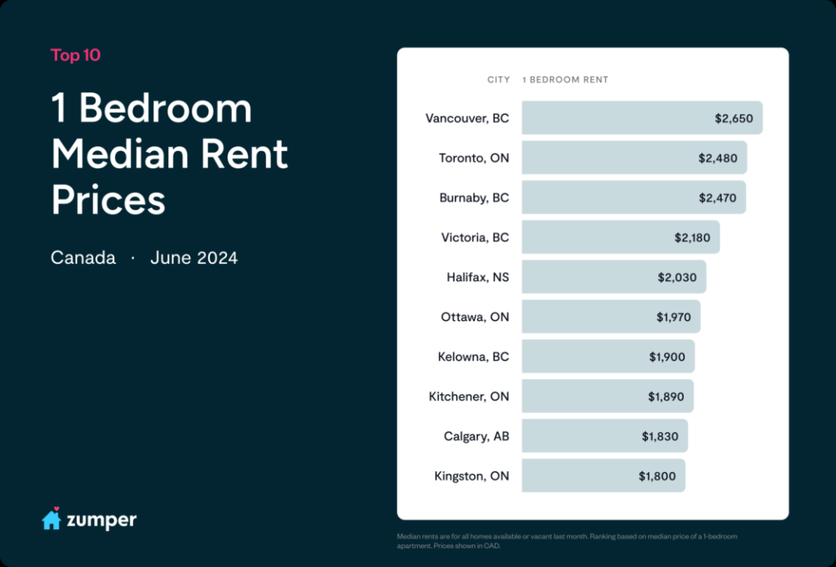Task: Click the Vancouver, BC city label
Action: point(467,118)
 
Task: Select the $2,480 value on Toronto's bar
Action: point(718,158)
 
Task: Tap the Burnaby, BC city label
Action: point(474,198)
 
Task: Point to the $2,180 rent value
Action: point(691,238)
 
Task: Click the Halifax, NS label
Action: point(478,277)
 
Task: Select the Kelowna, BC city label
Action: point(474,357)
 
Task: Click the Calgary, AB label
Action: point(477,436)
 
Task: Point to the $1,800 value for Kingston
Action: point(657,475)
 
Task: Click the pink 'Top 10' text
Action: point(76,56)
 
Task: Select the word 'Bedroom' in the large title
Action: point(166,109)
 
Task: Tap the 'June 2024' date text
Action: point(194,258)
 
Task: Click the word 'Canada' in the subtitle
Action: point(83,258)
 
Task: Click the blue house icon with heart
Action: point(51,519)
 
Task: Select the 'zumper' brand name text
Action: point(103,520)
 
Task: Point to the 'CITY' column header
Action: point(498,80)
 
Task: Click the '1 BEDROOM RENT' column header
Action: point(565,80)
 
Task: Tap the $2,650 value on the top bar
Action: point(734,118)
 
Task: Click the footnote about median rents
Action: point(567,541)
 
